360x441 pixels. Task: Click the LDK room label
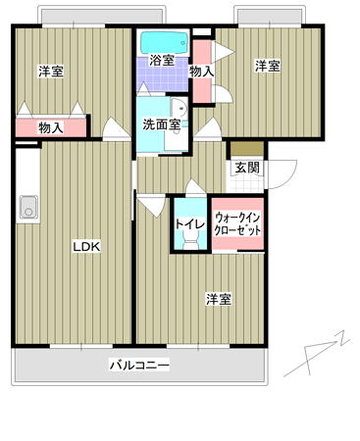[86, 247]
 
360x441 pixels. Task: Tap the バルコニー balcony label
[139, 365]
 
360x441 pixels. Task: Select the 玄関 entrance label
[247, 168]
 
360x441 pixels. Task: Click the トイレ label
[190, 224]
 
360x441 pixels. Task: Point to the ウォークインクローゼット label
[237, 223]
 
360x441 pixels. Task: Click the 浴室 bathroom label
[162, 60]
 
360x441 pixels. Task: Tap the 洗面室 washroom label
[162, 124]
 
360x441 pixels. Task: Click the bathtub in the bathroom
[165, 42]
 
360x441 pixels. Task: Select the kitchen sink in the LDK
[28, 207]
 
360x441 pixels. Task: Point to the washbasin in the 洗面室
[180, 108]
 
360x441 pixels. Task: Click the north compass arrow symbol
[317, 355]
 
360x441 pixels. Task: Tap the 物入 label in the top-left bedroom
[51, 127]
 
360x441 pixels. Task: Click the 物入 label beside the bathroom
[202, 72]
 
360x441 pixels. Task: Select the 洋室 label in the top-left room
[51, 72]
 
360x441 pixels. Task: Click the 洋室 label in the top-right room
[268, 66]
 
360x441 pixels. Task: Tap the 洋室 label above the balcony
[219, 299]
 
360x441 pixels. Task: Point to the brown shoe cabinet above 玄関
[247, 148]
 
